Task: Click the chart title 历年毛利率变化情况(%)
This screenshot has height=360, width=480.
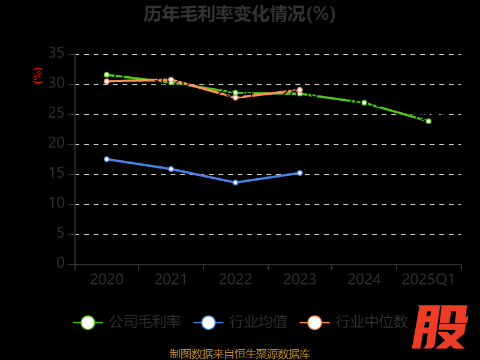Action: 239,14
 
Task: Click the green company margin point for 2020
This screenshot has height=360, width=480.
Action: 107,75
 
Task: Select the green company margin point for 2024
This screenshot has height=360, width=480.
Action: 364,103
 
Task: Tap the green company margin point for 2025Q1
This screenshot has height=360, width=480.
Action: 428,121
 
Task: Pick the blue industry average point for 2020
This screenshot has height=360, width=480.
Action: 107,159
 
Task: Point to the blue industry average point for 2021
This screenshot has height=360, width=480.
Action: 171,169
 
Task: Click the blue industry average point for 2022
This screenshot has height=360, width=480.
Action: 235,182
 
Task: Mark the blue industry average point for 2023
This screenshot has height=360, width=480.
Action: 300,173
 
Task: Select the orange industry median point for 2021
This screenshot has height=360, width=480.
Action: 171,80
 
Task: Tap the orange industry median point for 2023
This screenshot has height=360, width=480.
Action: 300,90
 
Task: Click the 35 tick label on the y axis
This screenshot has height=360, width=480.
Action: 56,53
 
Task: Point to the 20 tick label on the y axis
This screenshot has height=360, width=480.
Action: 56,143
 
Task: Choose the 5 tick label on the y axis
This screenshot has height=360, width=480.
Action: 61,233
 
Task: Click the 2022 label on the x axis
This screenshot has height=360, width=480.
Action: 235,280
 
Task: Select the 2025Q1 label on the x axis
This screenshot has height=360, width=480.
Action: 428,280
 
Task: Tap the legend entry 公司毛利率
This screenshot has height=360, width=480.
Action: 127,322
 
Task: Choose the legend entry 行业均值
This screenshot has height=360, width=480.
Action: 241,322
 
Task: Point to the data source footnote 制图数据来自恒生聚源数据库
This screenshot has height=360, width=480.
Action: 239,354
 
